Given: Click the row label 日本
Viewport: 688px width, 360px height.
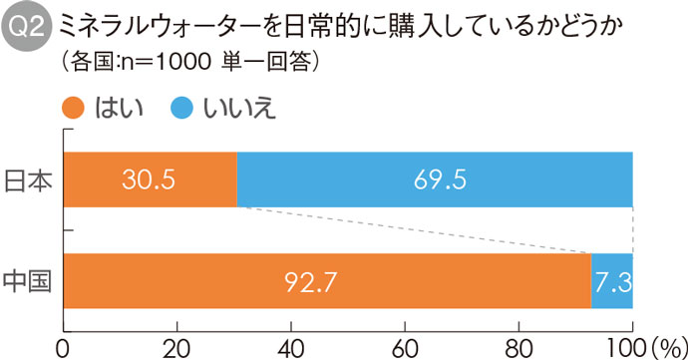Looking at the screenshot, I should tap(30, 180).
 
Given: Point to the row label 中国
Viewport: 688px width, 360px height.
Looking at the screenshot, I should tap(30, 281).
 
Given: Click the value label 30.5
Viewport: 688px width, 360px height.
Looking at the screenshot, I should tap(150, 180).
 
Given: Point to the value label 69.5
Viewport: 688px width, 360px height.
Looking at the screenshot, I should tap(435, 180).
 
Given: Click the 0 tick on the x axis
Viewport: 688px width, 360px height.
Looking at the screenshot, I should tap(63, 346).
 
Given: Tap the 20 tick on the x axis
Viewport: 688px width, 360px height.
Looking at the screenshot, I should tap(176, 346).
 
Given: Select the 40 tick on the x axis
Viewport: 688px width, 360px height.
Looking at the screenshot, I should tap(290, 346).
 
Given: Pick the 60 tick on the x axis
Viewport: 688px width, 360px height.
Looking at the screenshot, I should tap(405, 346).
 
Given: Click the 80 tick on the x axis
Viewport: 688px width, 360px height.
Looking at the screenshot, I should tap(518, 346).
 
